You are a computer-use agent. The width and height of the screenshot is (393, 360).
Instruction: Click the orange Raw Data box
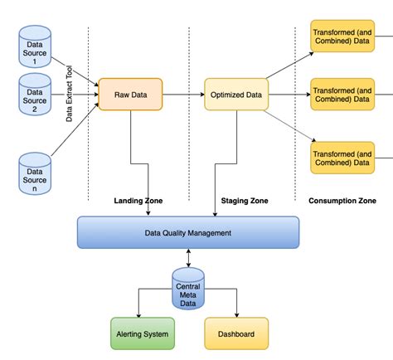pyautogui.click(x=130, y=95)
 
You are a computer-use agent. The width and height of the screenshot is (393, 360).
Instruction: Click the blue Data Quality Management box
pyautogui.click(x=187, y=233)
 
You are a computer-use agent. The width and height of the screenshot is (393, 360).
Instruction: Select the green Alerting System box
pyautogui.click(x=143, y=334)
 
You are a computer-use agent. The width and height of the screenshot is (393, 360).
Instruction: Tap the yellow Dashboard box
pyautogui.click(x=236, y=334)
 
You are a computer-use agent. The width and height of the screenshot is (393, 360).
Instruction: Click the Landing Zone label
pyautogui.click(x=138, y=201)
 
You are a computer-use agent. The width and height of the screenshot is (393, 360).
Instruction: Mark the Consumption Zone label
pyautogui.click(x=342, y=201)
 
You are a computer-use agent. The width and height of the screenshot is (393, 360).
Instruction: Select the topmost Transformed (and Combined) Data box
pyautogui.click(x=341, y=37)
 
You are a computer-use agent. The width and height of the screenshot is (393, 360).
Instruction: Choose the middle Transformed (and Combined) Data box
pyautogui.click(x=341, y=95)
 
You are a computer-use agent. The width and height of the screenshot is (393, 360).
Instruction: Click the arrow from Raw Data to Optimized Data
pyautogui.click(x=183, y=95)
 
